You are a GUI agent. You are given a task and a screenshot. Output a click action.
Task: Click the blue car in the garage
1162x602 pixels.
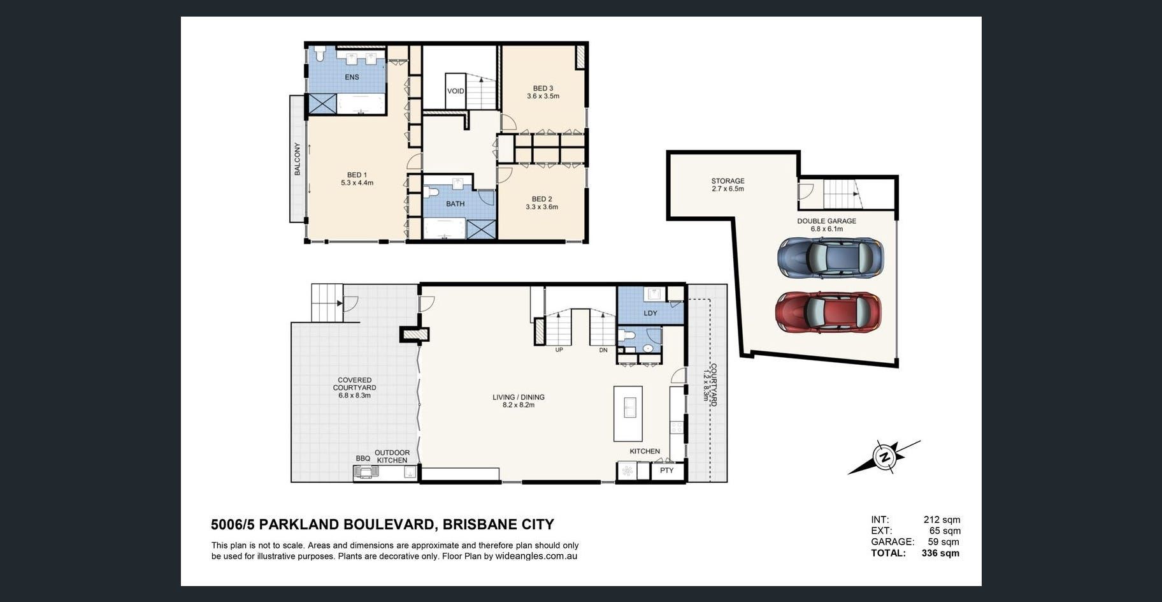pos(830,257)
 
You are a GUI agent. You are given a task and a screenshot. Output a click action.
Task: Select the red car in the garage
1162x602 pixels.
pos(828,312)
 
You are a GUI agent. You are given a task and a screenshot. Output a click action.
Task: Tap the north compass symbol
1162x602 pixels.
pos(884,457)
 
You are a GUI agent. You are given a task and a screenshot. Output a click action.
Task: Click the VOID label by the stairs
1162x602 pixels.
pos(455,91)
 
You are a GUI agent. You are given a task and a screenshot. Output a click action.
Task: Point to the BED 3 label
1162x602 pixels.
pos(543,89)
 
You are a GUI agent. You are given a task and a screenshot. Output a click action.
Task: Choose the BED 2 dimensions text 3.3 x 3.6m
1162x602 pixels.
pos(542,207)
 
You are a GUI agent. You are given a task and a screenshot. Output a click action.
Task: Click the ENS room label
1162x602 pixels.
pos(352,77)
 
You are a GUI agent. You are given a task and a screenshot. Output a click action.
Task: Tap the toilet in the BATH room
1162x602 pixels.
pos(433,192)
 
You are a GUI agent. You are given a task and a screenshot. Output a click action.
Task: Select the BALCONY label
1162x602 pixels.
pos(297,159)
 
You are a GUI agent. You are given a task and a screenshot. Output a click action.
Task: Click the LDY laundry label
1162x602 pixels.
pos(650,313)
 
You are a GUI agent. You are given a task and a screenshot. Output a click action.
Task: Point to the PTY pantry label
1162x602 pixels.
pos(666,471)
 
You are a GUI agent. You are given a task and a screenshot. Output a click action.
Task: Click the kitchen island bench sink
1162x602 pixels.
pos(629,406)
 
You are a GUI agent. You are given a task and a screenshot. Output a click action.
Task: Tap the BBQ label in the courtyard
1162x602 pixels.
pos(362,459)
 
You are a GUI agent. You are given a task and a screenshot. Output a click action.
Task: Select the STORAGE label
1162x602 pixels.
pos(728,181)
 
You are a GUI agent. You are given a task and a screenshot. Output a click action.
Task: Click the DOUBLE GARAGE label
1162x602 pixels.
pos(826,221)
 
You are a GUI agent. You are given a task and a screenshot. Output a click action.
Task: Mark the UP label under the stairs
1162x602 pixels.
pos(559,350)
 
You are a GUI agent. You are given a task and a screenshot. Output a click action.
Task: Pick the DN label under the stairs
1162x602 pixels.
pos(603,350)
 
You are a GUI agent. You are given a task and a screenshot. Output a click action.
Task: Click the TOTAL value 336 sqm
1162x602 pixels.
pos(940,553)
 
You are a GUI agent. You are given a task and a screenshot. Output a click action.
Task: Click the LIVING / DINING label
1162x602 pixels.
pos(519,397)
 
